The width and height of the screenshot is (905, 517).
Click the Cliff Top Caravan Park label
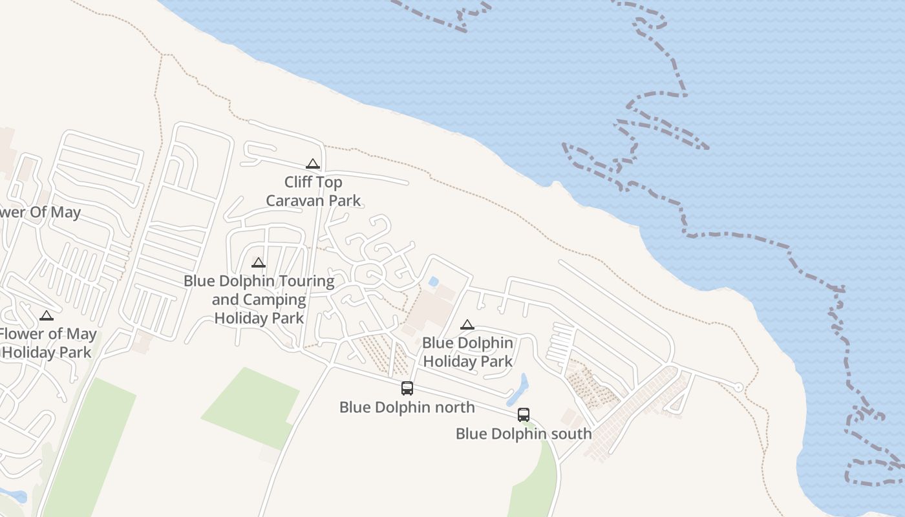pos(314,191)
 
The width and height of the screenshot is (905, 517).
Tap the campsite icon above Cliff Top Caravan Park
pos(313,164)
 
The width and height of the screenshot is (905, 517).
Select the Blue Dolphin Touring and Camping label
pos(259,299)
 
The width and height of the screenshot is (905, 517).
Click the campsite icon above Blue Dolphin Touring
pos(259,263)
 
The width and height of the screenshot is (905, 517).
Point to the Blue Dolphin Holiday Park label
pos(468,352)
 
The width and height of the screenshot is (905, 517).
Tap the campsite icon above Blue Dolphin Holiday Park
pos(467,324)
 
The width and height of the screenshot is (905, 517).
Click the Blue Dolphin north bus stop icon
pos(407,388)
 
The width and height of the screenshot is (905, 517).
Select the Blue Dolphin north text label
pos(407,407)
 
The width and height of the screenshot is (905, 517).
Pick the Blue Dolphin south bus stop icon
pos(524,415)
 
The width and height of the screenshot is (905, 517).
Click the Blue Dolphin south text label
pos(524,434)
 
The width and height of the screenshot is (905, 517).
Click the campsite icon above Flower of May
pos(46,316)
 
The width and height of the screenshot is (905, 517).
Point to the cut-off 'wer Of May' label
pos(40,213)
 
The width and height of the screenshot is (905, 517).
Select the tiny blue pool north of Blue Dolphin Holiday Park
pos(433,282)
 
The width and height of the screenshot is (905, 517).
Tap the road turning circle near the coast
pos(739,387)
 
